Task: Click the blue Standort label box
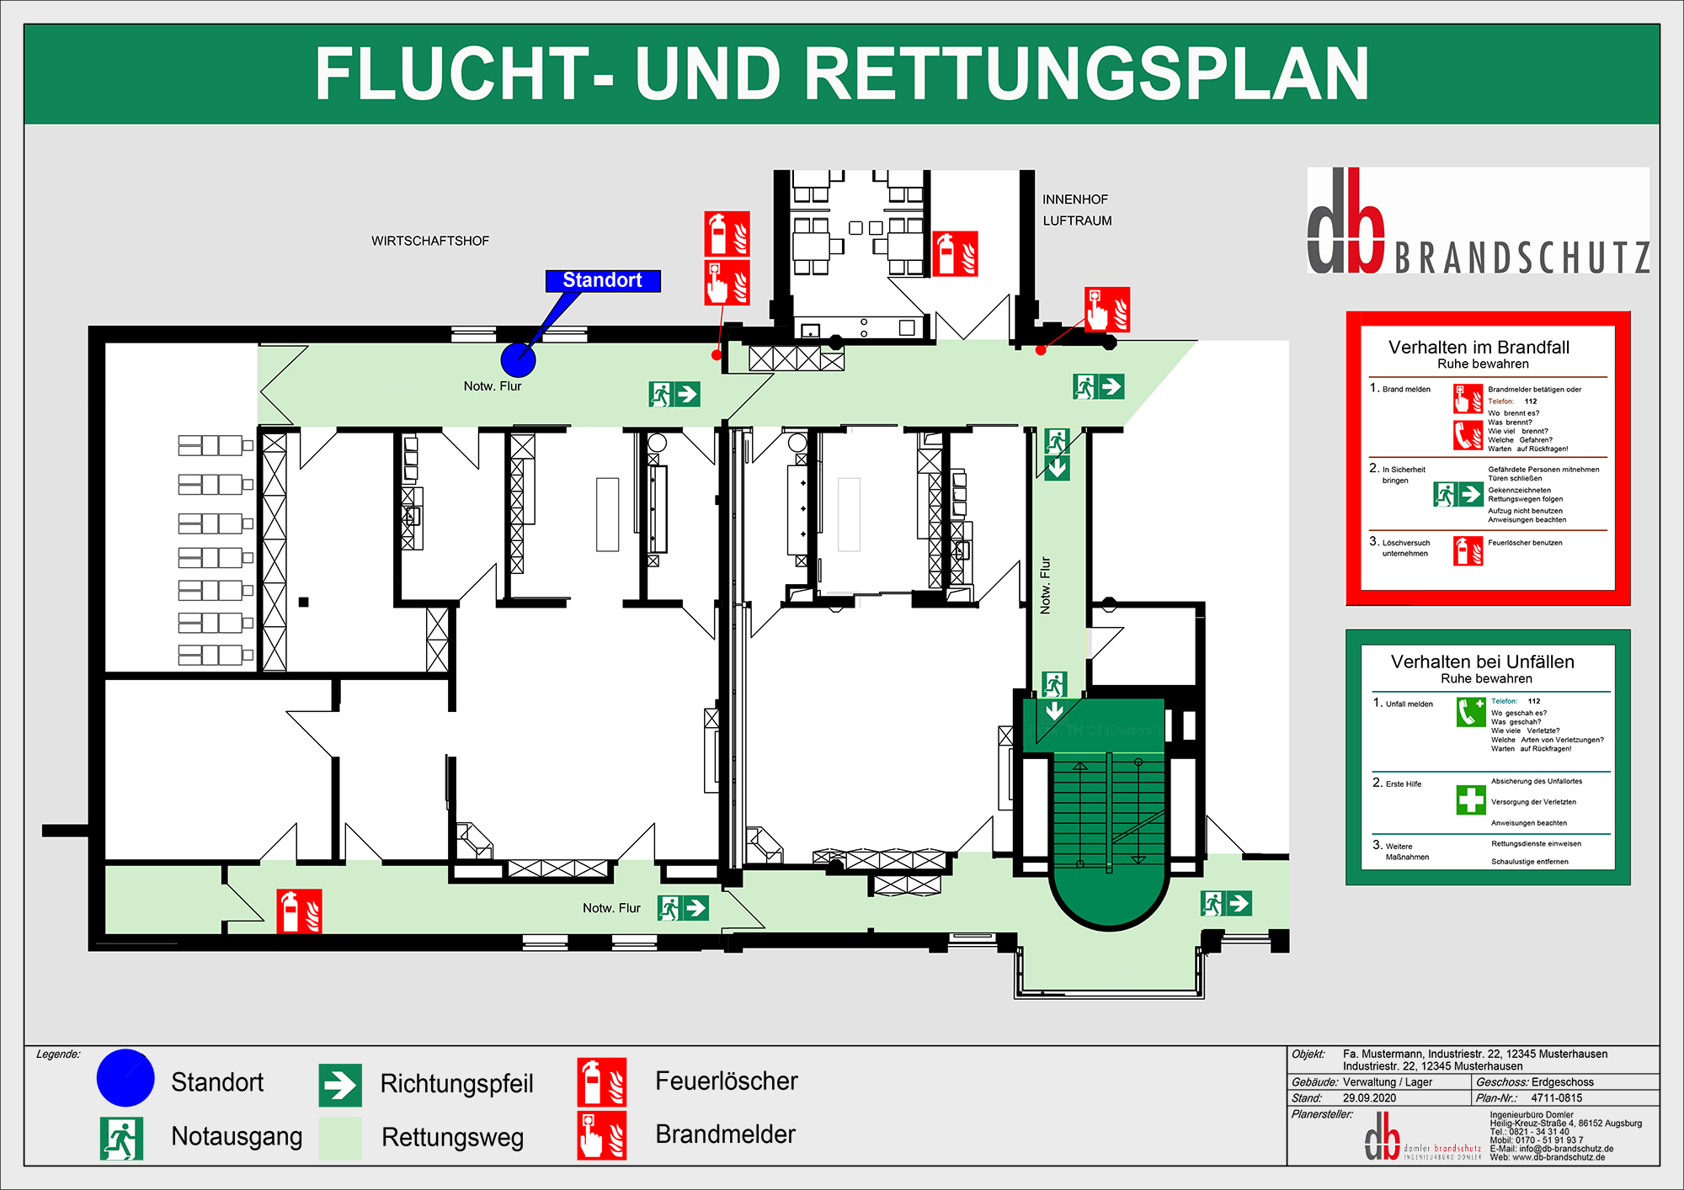(603, 280)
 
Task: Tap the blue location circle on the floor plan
(518, 359)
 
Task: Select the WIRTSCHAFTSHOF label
(430, 241)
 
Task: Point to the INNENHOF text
(1075, 199)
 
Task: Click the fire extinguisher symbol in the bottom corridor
(299, 911)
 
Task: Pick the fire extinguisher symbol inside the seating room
(955, 253)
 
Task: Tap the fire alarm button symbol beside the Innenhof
(1106, 310)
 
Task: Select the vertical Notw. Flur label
(1046, 585)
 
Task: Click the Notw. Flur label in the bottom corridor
(611, 908)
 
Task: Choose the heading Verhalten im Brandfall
(1479, 347)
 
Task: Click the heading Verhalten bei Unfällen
(1482, 661)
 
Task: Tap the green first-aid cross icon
(1471, 800)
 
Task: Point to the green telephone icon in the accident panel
(1471, 712)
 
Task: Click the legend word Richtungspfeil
(456, 1083)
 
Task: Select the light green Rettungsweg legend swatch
(340, 1138)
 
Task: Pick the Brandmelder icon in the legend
(601, 1135)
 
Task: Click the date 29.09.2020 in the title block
(1369, 1098)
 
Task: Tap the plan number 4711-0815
(1556, 1098)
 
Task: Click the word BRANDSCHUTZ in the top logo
(1521, 258)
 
